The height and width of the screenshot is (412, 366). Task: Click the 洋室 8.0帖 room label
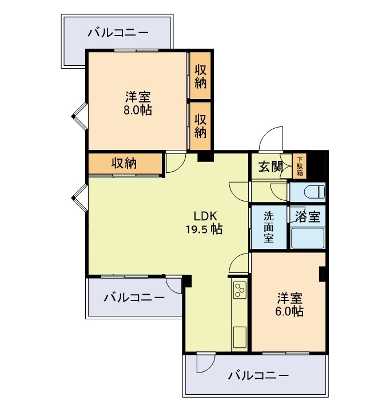point(138,103)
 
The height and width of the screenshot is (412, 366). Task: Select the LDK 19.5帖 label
point(204,223)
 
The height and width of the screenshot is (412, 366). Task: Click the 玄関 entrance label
point(270,167)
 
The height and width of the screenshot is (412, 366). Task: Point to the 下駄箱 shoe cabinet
point(300,166)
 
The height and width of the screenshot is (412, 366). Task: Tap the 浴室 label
point(308,217)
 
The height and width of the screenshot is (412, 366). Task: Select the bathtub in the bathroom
point(308,238)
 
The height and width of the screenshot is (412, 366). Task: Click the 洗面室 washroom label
point(269,227)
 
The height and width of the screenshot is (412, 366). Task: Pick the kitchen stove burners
point(240,291)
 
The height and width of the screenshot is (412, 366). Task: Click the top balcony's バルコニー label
point(118,33)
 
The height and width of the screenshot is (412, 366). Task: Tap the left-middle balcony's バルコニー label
point(134,298)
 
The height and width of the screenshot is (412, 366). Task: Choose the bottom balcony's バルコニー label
point(258,375)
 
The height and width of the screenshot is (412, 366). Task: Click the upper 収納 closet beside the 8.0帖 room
point(200,75)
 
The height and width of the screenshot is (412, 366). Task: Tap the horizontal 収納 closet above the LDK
point(124,164)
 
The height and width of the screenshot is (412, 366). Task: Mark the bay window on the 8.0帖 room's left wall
point(78,116)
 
